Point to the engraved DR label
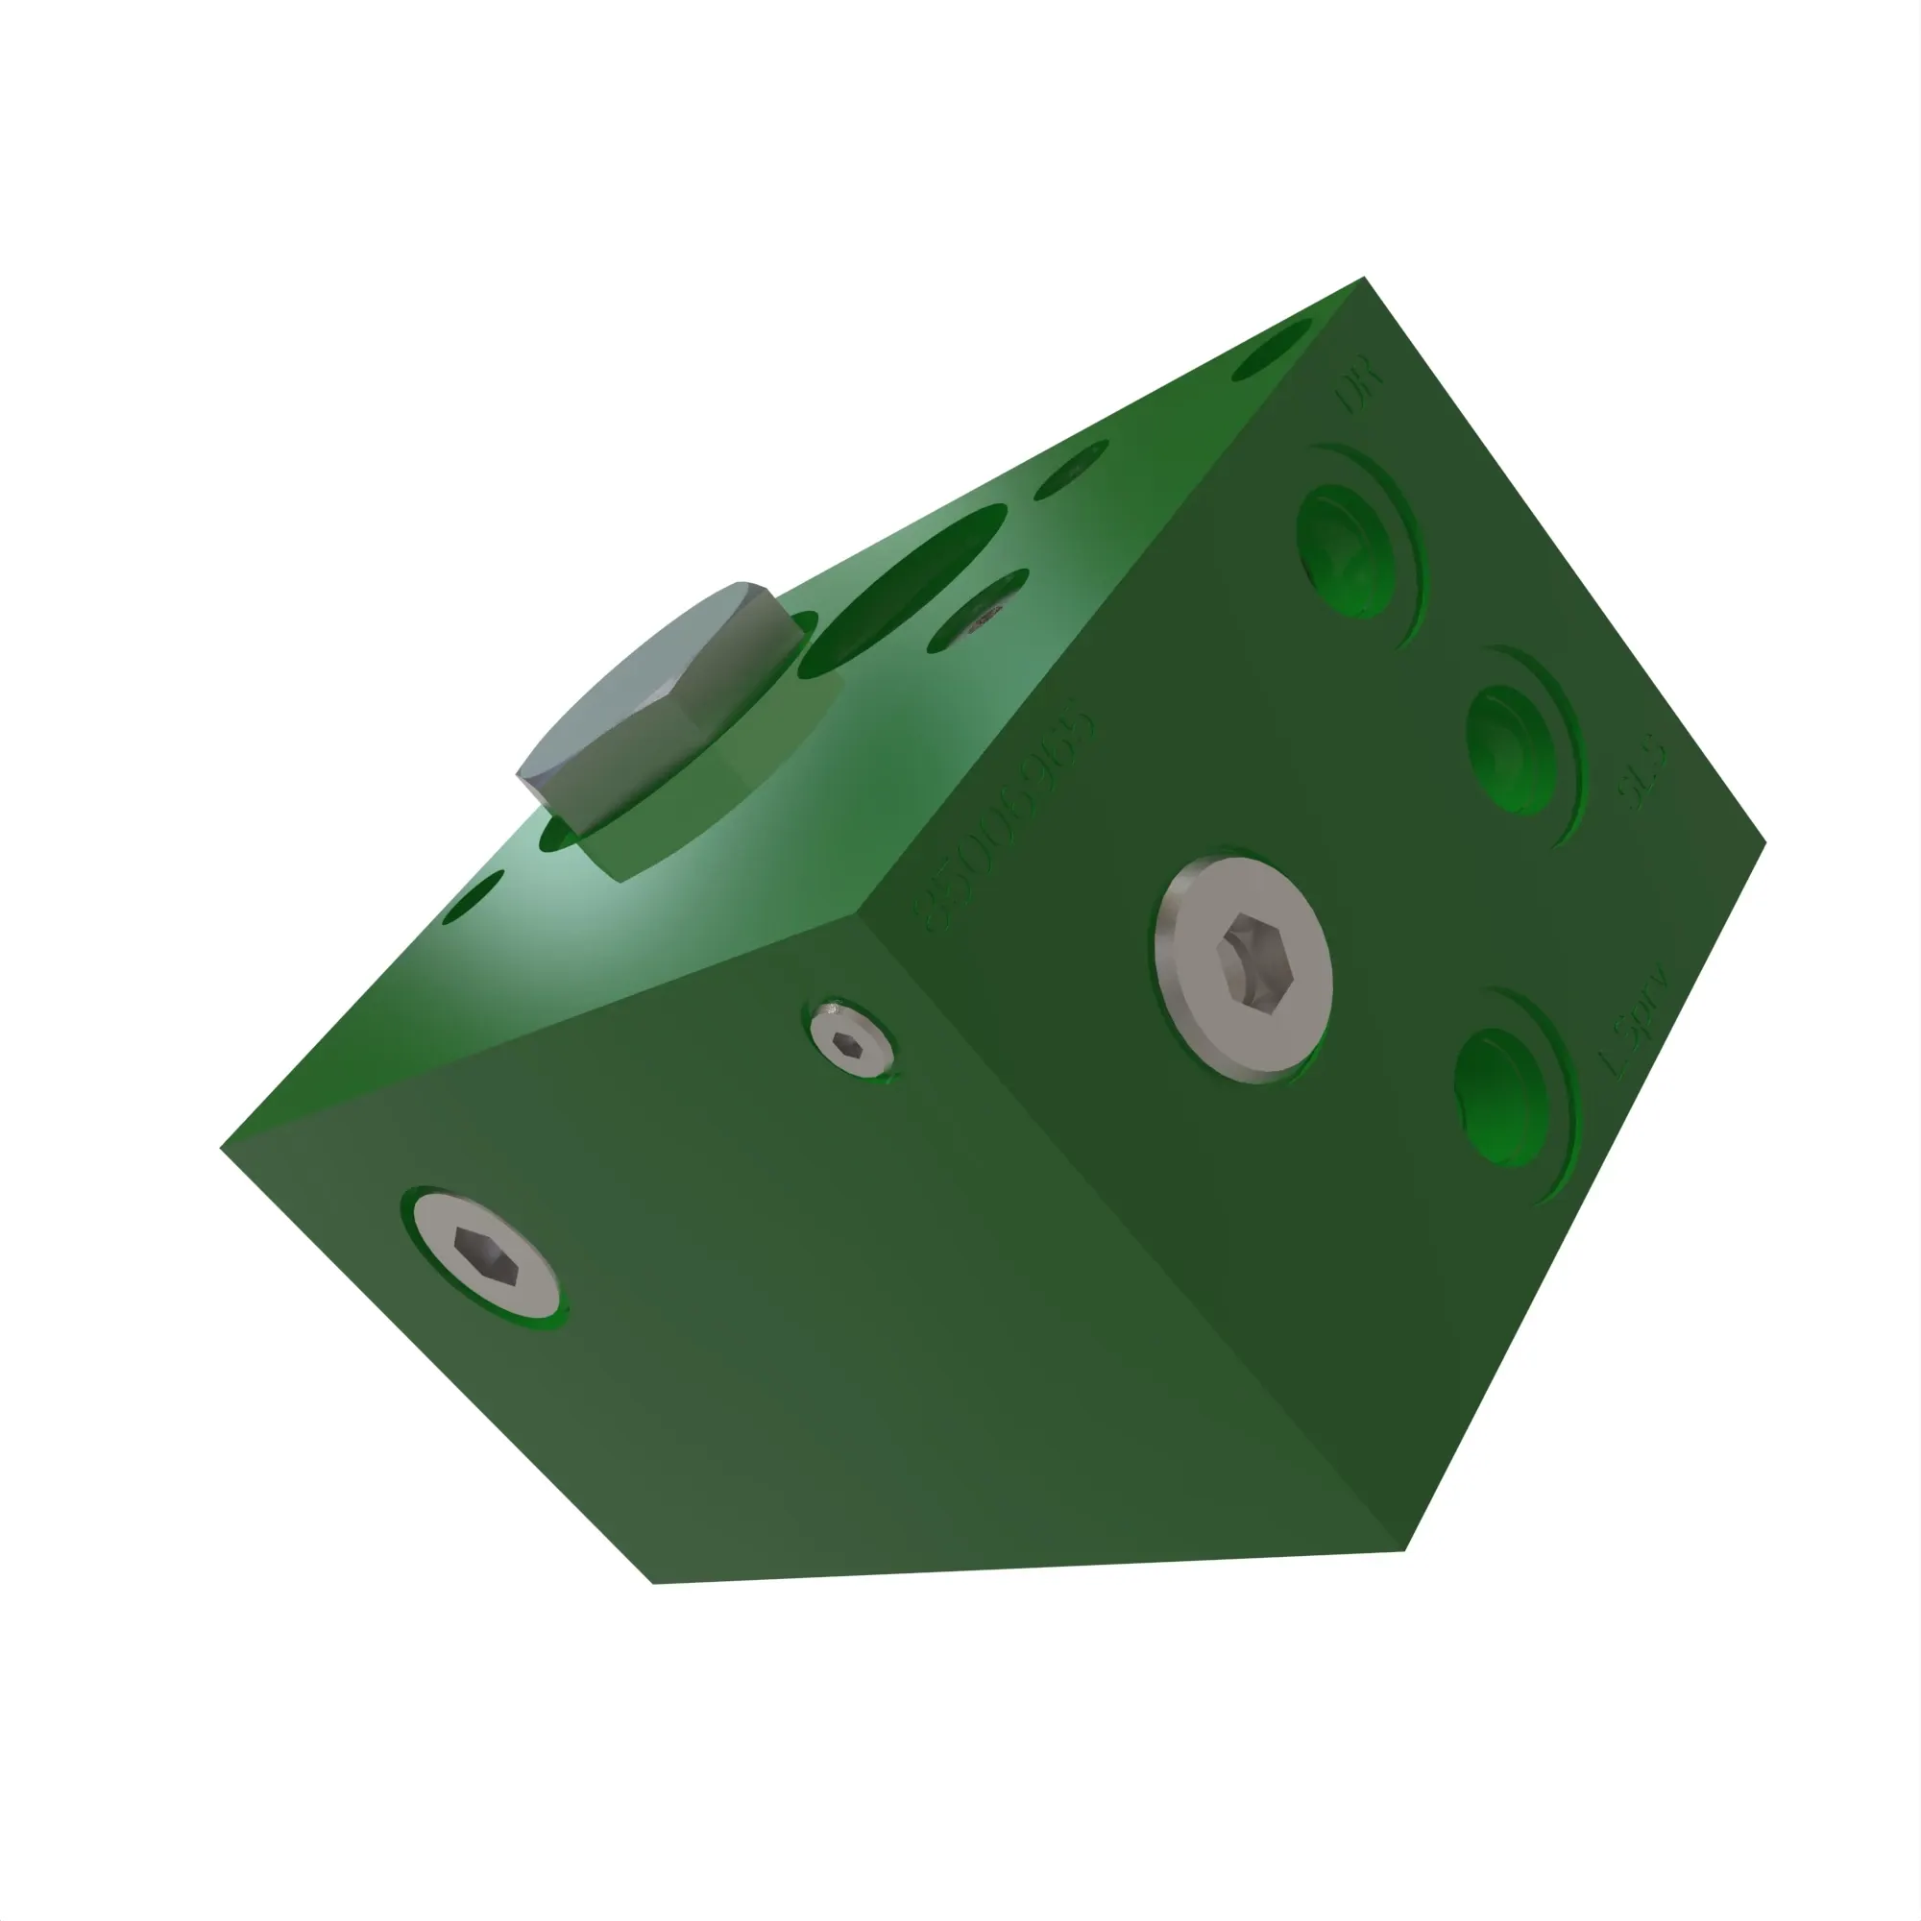coord(1358,392)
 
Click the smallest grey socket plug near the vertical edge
coord(848,1040)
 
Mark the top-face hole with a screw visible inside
coord(979,611)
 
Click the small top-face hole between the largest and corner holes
coord(1072,469)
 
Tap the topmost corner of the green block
coord(1363,278)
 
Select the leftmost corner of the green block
coord(221,1150)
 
